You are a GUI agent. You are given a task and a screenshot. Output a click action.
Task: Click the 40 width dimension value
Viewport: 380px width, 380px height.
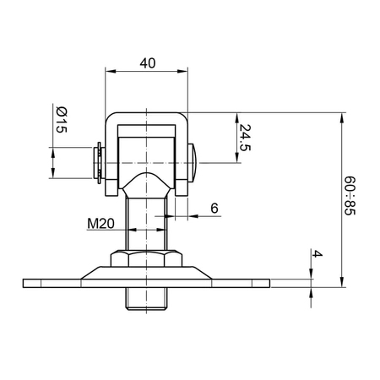(x=147, y=62)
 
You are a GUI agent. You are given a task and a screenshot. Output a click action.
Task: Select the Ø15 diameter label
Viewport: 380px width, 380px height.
(x=60, y=121)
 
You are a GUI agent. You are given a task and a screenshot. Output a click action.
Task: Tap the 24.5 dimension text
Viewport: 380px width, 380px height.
(x=244, y=138)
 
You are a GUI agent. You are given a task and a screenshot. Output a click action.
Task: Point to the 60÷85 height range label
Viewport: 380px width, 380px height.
(x=353, y=196)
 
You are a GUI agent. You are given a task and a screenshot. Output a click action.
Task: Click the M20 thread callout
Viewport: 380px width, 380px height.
(x=101, y=223)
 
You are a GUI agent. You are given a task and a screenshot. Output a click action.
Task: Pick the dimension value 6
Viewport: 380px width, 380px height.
(x=214, y=207)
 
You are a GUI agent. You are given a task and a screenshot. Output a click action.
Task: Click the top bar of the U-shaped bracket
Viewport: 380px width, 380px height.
(x=147, y=117)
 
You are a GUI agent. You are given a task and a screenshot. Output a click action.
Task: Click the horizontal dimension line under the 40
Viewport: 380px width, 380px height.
(x=147, y=73)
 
